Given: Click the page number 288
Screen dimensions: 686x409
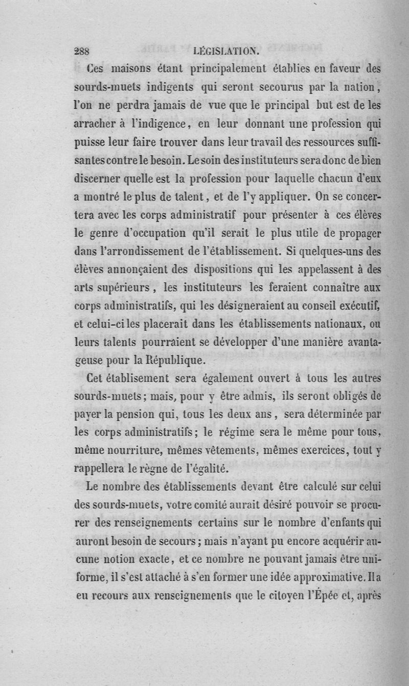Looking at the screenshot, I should (x=82, y=51).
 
